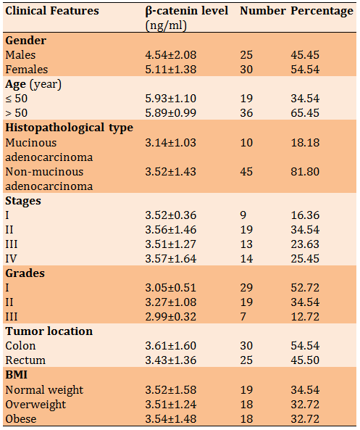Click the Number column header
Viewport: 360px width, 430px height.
(x=263, y=11)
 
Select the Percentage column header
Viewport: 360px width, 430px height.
(x=322, y=12)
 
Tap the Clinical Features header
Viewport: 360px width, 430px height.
(x=52, y=11)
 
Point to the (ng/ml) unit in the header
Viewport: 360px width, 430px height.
(x=166, y=26)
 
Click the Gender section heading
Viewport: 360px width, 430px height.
(x=26, y=41)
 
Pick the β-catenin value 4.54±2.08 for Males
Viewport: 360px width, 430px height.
(x=171, y=55)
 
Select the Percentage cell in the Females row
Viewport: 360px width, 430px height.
(x=305, y=70)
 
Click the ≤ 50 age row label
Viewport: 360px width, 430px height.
(x=17, y=99)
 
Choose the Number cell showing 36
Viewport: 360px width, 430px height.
(x=246, y=113)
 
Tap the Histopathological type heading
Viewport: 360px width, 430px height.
(x=69, y=128)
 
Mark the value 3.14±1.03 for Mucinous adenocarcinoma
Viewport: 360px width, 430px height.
(x=171, y=143)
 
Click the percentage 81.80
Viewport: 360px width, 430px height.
(x=305, y=172)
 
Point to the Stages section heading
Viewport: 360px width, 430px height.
(x=23, y=201)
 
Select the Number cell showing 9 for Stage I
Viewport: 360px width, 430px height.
(x=243, y=215)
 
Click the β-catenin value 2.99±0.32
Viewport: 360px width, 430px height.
(x=171, y=317)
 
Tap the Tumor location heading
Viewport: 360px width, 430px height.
(x=49, y=331)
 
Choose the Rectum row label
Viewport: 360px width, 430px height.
(x=25, y=360)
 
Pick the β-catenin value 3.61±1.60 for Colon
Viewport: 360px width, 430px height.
(x=171, y=346)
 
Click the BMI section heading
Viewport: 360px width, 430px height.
(x=16, y=375)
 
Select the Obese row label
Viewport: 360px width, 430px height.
(x=21, y=419)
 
